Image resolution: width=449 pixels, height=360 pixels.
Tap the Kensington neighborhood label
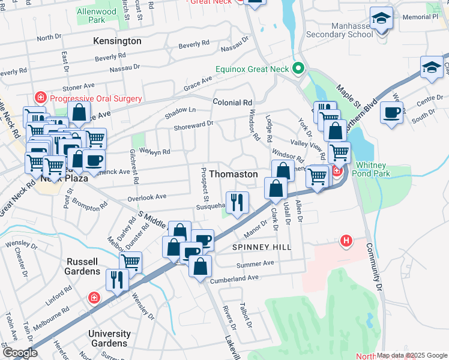(x=117, y=41)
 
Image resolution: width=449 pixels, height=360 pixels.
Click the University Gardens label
(x=109, y=338)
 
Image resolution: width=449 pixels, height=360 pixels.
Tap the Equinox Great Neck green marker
(x=297, y=67)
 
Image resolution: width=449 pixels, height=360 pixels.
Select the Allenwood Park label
(x=97, y=16)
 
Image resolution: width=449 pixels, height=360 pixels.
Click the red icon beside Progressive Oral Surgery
(x=41, y=98)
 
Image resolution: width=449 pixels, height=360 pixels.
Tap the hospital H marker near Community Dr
(x=346, y=241)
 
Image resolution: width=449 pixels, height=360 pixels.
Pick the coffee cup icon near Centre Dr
(x=391, y=113)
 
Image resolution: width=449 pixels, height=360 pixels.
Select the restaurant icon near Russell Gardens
(x=117, y=280)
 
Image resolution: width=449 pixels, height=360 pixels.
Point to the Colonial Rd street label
(x=232, y=103)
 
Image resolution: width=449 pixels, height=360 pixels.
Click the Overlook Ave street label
(x=146, y=197)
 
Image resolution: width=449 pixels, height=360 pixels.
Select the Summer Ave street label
(x=255, y=263)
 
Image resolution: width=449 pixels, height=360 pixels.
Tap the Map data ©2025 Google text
(x=412, y=355)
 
